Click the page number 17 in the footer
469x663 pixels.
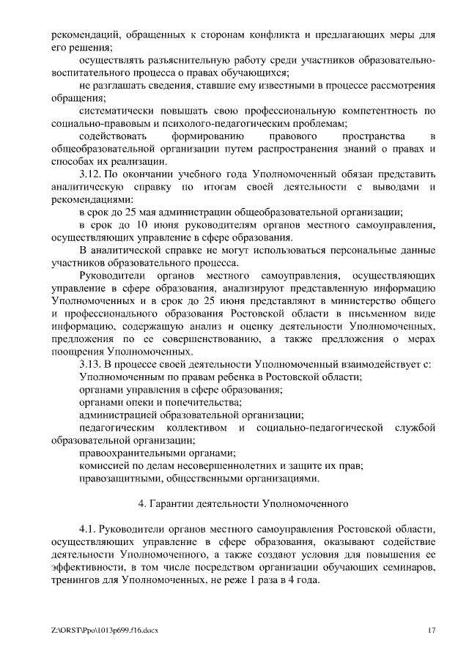pyautogui.click(x=432, y=629)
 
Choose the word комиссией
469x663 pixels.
pyautogui.click(x=107, y=466)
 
